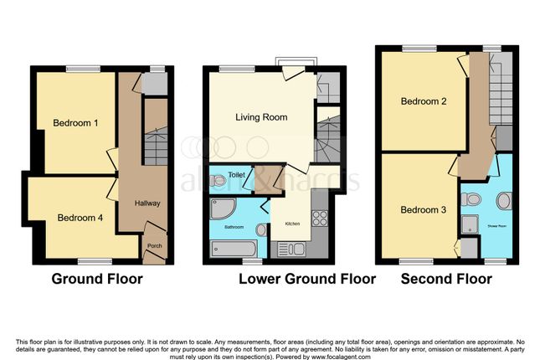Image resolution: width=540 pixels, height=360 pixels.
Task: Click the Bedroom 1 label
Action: pos(76,123)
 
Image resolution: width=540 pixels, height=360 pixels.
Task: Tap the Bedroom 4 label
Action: pos(80,218)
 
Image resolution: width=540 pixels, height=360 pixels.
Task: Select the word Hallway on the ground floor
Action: pos(147,203)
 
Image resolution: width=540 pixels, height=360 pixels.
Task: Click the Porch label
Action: pos(154,245)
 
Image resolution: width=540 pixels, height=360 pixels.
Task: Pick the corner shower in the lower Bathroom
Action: pos(219,206)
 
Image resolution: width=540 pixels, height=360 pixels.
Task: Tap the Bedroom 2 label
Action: pos(423,102)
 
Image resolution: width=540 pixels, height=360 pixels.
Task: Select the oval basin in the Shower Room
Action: pos(506,200)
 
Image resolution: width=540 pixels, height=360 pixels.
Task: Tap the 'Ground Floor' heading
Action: pos(97,279)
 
